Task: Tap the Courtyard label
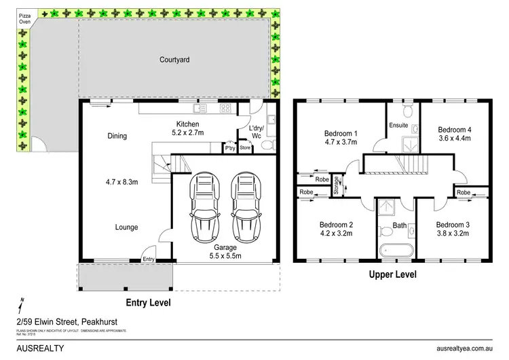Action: [x=174, y=60]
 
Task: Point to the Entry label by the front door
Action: [x=148, y=258]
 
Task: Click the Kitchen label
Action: [x=187, y=124]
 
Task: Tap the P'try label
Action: [x=230, y=147]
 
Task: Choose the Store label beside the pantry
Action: [x=245, y=147]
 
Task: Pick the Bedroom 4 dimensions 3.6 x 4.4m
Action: [x=454, y=139]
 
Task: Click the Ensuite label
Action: [x=399, y=125]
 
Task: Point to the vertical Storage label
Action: [x=337, y=185]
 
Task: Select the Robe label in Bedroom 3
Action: [x=464, y=193]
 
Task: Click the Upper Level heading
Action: [x=392, y=275]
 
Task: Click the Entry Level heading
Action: [x=148, y=302]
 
